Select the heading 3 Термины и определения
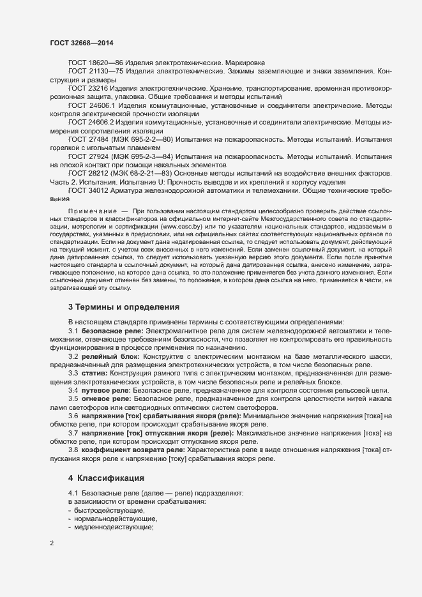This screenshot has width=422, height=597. point(119,307)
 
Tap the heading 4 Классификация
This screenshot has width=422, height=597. point(107,478)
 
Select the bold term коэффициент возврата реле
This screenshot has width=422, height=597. point(132,450)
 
